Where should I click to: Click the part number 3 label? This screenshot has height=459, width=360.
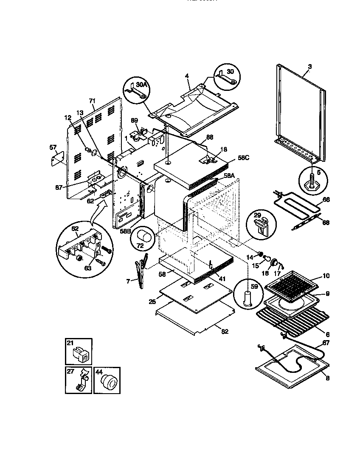309,66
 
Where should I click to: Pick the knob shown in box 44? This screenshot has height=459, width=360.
108,383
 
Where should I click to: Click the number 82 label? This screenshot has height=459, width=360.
225,332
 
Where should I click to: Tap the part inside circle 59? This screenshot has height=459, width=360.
247,298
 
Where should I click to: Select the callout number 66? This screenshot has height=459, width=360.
326,199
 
